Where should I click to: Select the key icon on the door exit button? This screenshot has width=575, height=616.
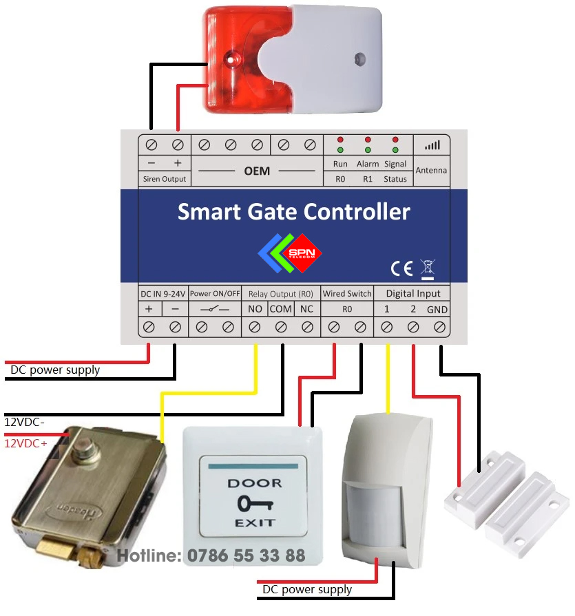pyautogui.click(x=254, y=504)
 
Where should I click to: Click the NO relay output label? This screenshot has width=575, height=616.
pyautogui.click(x=255, y=309)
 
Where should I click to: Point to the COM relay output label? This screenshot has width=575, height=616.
pyautogui.click(x=281, y=309)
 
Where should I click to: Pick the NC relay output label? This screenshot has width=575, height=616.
pyautogui.click(x=306, y=309)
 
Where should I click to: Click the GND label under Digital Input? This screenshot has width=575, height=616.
pyautogui.click(x=437, y=310)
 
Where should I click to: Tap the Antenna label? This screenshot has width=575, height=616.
pyautogui.click(x=432, y=170)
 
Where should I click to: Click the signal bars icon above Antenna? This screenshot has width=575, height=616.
pyautogui.click(x=432, y=145)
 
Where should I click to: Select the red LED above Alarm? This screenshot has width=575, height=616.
pyautogui.click(x=368, y=140)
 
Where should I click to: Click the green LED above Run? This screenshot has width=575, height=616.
pyautogui.click(x=340, y=150)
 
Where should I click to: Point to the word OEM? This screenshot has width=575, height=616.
pyautogui.click(x=257, y=171)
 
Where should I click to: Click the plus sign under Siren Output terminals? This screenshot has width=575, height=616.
pyautogui.click(x=178, y=163)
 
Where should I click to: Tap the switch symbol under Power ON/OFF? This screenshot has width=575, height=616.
pyautogui.click(x=215, y=310)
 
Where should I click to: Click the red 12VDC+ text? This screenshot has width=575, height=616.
pyautogui.click(x=26, y=445)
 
